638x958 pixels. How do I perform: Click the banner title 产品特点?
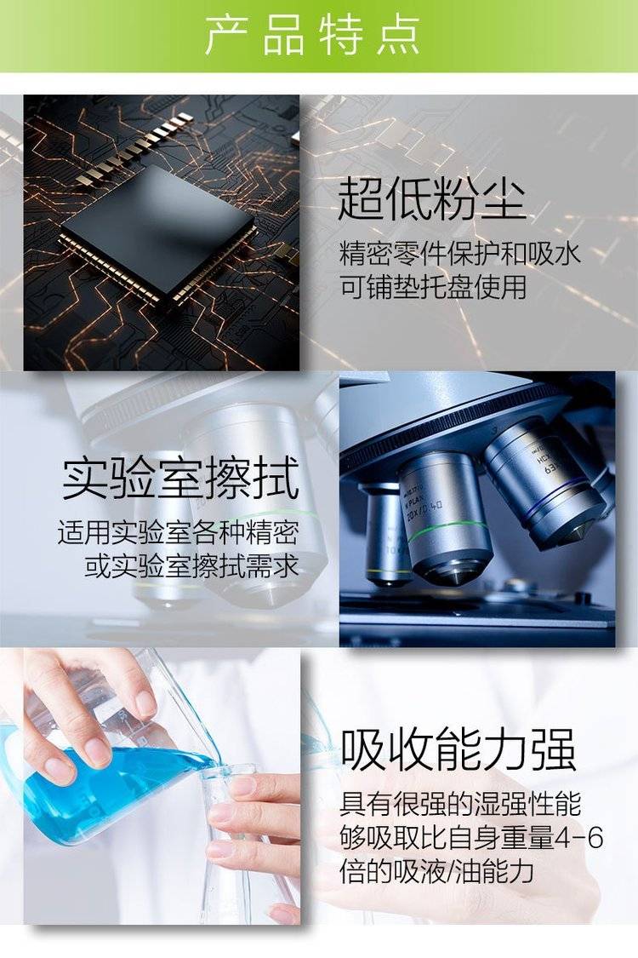coord(312,36)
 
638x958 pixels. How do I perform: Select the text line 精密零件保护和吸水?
coord(459,254)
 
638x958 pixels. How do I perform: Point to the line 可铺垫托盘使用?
coord(433,287)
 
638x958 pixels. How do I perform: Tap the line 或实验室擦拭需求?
coord(191,565)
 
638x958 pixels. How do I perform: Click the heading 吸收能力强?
coord(458,749)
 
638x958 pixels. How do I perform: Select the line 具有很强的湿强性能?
coord(460,804)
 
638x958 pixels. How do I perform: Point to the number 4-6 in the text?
coord(578,838)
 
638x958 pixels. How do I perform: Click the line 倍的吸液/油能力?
coord(437,870)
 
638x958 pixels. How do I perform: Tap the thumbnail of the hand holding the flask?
coord(162,786)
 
